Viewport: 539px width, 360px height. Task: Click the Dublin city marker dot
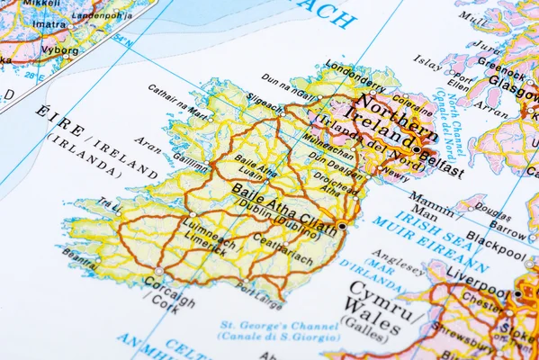click(343, 226)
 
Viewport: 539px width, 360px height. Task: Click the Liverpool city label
click(477, 272)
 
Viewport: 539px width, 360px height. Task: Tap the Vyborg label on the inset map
click(59, 51)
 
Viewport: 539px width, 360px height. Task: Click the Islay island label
click(427, 60)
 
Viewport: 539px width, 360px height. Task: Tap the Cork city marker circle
click(159, 270)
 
